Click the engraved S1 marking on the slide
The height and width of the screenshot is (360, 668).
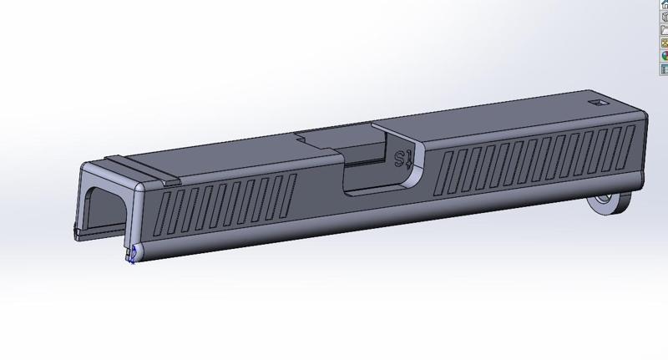tap(402, 159)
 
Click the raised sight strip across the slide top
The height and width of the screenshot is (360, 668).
tap(143, 167)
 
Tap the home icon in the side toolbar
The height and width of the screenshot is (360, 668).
tap(665, 5)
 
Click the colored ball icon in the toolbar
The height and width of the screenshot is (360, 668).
tap(665, 55)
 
